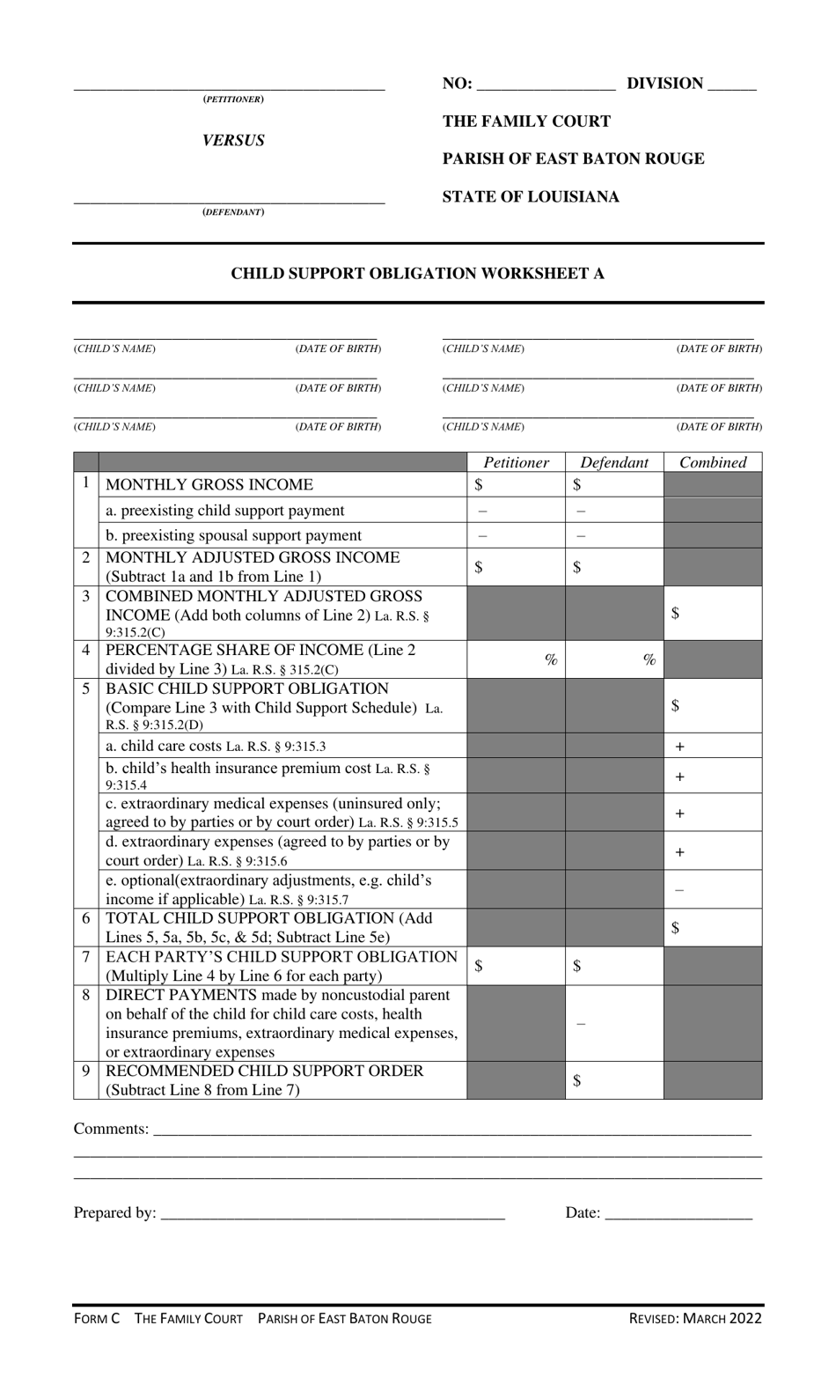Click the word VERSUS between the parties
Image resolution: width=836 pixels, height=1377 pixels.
[x=233, y=141]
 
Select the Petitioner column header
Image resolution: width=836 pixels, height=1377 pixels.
[x=516, y=462]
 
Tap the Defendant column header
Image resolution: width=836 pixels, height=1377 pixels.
[x=614, y=462]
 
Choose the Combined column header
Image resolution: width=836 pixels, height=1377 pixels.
[x=713, y=462]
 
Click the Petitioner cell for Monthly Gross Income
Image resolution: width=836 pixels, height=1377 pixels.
[x=516, y=484]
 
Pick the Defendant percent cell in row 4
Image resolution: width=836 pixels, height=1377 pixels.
[x=614, y=659]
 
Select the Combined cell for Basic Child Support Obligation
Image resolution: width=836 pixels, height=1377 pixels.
[x=713, y=705]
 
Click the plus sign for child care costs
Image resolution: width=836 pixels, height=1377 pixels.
[x=679, y=746]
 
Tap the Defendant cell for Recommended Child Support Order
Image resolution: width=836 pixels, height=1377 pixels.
[x=614, y=1080]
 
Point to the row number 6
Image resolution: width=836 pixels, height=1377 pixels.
[x=86, y=918]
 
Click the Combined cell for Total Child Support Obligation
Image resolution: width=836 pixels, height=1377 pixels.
[x=713, y=928]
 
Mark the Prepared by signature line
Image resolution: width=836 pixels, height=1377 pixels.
[x=334, y=1215]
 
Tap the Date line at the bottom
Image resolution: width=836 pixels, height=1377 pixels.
[x=678, y=1215]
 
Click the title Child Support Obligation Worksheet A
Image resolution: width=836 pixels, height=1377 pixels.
[x=417, y=274]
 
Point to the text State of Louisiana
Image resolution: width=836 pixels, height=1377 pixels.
[x=531, y=196]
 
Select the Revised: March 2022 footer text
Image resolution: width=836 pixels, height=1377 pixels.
[x=695, y=1318]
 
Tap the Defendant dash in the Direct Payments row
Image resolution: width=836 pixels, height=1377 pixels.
[x=581, y=1023]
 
